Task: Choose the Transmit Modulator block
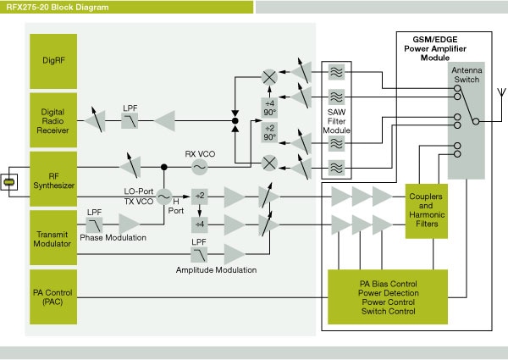[x=58, y=234]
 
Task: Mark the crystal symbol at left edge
[x=9, y=182]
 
